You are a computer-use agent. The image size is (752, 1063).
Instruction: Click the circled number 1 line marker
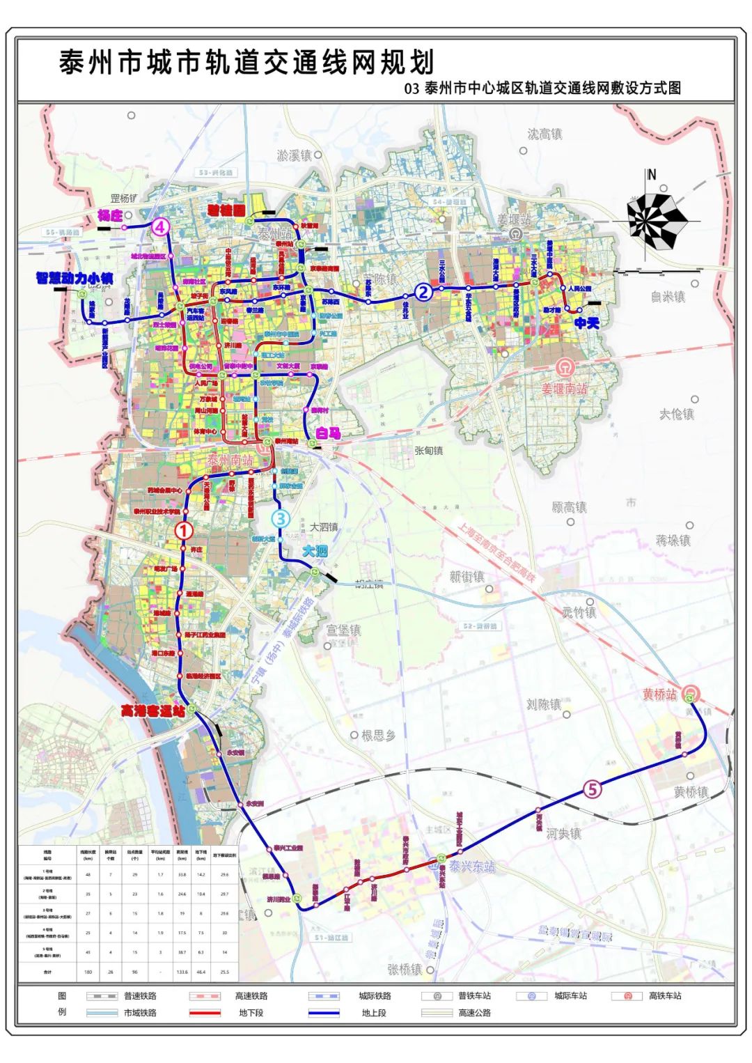(x=184, y=531)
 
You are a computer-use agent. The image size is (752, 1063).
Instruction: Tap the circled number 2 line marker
(x=423, y=293)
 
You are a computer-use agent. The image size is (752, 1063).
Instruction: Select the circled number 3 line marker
(x=280, y=518)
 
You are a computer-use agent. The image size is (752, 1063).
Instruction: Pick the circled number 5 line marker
(x=592, y=790)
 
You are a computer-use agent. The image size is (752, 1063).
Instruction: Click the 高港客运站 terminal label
(x=153, y=711)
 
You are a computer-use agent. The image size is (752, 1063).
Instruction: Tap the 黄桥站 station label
(x=659, y=695)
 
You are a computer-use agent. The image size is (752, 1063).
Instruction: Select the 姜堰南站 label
(x=565, y=388)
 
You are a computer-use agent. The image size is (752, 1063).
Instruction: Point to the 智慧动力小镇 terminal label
(x=75, y=279)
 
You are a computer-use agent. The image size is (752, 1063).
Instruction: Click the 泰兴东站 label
(x=471, y=867)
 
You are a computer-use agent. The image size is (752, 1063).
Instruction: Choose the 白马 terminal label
(x=328, y=433)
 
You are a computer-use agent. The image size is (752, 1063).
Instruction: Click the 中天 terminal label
(x=586, y=323)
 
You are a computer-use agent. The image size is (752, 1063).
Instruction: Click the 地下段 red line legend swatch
(x=204, y=1013)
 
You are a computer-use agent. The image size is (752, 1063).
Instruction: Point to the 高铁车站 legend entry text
(x=665, y=996)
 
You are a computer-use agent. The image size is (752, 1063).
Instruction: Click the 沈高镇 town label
(x=545, y=134)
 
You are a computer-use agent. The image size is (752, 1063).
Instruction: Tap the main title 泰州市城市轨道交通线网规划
(x=247, y=63)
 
